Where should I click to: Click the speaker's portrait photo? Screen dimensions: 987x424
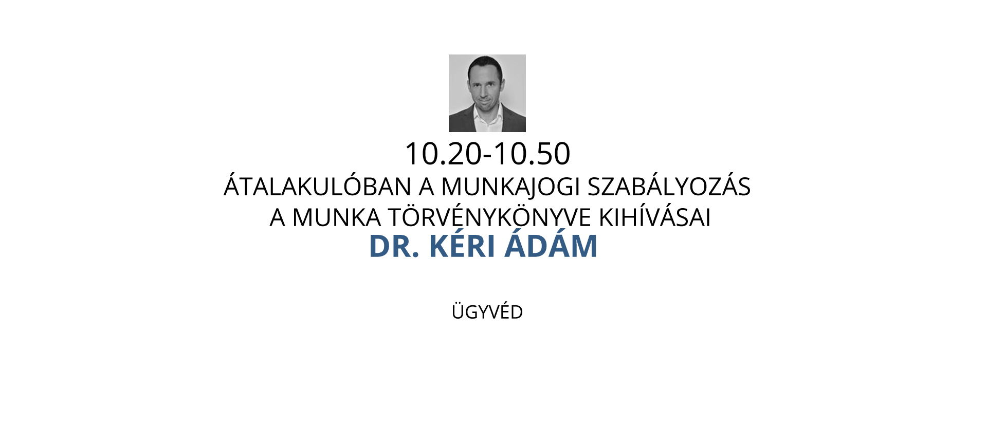point(487,93)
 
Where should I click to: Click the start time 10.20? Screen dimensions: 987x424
point(444,154)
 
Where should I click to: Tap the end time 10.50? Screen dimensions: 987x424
point(532,154)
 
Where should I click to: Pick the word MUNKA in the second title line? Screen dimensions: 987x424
point(337,217)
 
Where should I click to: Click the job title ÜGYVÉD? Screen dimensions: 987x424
point(487,311)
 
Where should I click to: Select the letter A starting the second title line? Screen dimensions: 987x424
point(278,217)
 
